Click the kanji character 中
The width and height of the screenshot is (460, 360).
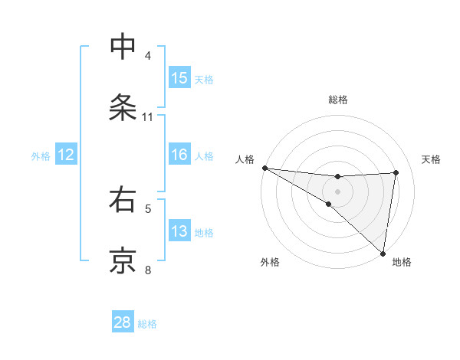click(x=123, y=47)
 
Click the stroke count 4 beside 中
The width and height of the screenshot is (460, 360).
click(x=148, y=56)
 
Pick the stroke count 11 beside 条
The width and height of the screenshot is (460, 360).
click(x=148, y=117)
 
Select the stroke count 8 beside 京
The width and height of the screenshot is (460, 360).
click(x=148, y=270)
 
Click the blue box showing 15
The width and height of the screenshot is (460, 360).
click(x=179, y=78)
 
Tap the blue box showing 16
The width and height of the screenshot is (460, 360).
click(x=179, y=155)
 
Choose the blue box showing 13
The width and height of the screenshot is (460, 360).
click(x=179, y=231)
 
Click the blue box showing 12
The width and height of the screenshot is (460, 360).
click(x=66, y=155)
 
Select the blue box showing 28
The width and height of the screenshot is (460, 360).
click(x=123, y=322)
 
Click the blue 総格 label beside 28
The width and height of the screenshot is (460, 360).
click(x=147, y=324)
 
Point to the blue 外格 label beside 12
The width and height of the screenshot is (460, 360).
click(x=41, y=156)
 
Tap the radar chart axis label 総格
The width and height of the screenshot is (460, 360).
click(x=338, y=100)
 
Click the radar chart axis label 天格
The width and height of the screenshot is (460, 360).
click(x=432, y=159)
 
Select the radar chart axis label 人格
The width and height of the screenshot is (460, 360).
click(x=245, y=159)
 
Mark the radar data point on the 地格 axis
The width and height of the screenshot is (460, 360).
click(x=383, y=253)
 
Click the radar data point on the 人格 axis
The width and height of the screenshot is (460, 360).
click(x=264, y=168)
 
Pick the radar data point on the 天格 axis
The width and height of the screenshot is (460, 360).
click(x=396, y=172)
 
